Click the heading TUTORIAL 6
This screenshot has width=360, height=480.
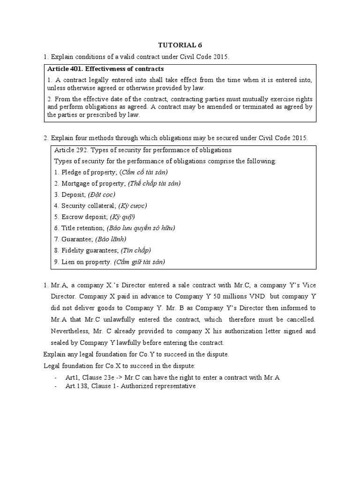point(180,45)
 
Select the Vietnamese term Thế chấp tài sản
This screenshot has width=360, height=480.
point(154,183)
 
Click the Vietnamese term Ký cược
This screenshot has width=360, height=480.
point(126,206)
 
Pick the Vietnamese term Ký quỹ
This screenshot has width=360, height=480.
point(122,217)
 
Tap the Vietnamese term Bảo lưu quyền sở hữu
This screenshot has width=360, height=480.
point(141,228)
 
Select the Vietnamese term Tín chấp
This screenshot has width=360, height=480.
point(136,251)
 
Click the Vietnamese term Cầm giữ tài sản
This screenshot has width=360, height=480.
point(139,262)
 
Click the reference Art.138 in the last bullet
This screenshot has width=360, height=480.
point(76,386)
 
